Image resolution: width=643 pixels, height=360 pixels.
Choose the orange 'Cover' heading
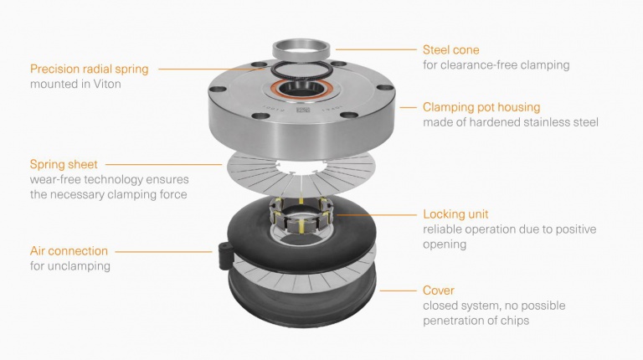tap(440, 291)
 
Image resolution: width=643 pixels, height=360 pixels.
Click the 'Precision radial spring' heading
tap(90, 69)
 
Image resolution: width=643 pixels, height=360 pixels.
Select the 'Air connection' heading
tap(69, 250)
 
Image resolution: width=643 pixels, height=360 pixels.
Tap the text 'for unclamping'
tap(69, 266)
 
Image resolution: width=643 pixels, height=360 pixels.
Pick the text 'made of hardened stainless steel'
tap(511, 123)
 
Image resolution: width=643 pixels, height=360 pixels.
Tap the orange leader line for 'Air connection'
tap(163, 250)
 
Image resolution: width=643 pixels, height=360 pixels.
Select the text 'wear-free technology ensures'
tap(110, 180)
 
